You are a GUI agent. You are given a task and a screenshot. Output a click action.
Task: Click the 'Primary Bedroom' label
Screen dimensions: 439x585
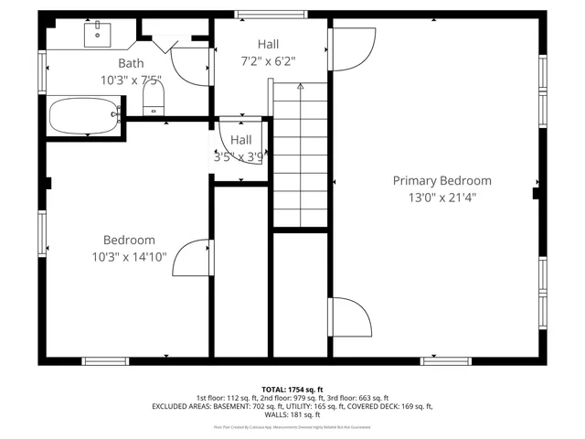tap(441, 181)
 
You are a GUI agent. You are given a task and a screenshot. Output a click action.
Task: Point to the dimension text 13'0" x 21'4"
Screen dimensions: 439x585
tap(442, 198)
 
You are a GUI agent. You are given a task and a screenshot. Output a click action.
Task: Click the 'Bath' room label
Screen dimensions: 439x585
tap(130, 63)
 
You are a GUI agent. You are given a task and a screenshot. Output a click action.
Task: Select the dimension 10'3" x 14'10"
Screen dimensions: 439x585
tap(129, 257)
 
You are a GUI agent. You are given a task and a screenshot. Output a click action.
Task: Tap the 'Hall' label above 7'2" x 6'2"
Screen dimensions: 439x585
tap(268, 44)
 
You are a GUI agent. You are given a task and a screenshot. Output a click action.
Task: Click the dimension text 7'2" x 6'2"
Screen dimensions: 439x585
tap(268, 61)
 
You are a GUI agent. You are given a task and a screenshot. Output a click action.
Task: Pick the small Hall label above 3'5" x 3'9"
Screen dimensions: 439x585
tap(241, 140)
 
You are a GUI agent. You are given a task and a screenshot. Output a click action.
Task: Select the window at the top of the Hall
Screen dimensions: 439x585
tap(257, 15)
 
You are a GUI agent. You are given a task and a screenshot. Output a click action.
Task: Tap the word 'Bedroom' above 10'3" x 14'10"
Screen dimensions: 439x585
tap(129, 240)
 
